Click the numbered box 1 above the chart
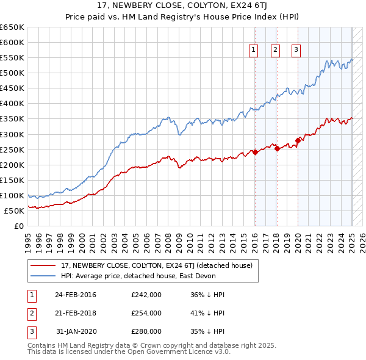click(253, 51)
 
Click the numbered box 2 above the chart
click(275, 51)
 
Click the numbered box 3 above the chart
click(296, 51)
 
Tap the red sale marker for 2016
click(255, 152)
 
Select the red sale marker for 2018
click(277, 148)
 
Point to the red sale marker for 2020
click(298, 140)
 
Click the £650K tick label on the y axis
click(12, 27)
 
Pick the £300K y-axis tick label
click(12, 134)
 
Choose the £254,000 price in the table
click(146, 313)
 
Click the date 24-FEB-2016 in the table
click(75, 295)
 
